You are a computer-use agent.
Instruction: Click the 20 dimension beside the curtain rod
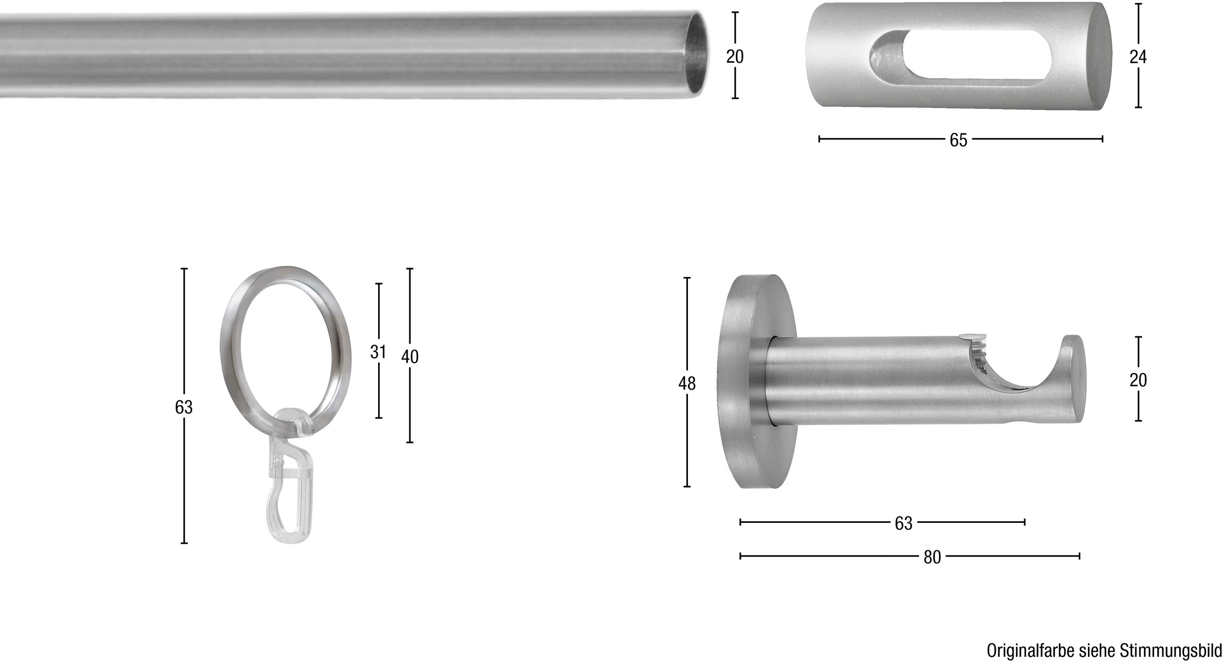pyautogui.click(x=735, y=56)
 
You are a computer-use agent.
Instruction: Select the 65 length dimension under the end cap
pyautogui.click(x=959, y=140)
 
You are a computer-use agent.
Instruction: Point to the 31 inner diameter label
pyautogui.click(x=378, y=352)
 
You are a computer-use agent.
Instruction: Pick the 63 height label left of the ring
pyautogui.click(x=184, y=407)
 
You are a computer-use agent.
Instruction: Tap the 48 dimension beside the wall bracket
pyautogui.click(x=687, y=384)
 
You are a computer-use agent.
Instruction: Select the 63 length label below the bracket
pyautogui.click(x=903, y=523)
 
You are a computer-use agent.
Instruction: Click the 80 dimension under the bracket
pyautogui.click(x=932, y=558)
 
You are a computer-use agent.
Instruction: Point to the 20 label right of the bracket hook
pyautogui.click(x=1138, y=380)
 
